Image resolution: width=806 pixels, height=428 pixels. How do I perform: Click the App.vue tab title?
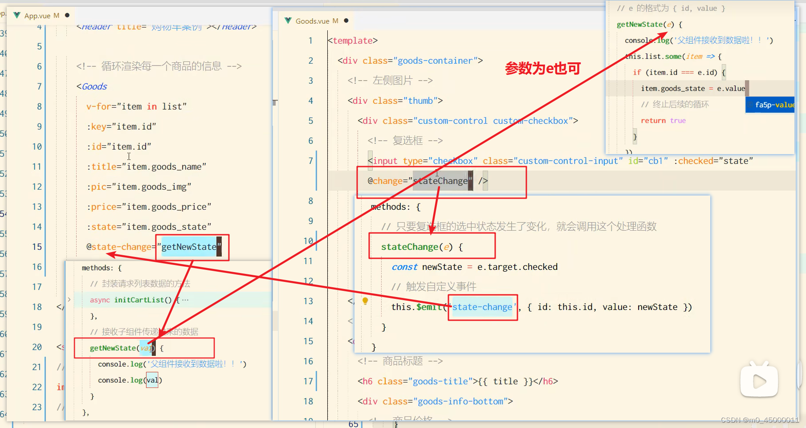[37, 16]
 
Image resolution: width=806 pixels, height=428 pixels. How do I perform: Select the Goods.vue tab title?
[312, 21]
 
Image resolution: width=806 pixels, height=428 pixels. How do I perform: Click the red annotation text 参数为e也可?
[543, 69]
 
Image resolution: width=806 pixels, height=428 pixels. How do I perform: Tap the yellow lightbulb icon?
[365, 301]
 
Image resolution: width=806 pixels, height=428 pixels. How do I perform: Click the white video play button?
[759, 381]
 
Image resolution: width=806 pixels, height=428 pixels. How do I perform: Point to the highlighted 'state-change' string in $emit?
[482, 307]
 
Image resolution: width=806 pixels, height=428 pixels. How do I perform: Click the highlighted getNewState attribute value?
[189, 247]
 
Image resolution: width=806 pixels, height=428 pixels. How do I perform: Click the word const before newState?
[404, 267]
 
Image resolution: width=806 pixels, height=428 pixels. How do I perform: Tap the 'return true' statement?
[663, 121]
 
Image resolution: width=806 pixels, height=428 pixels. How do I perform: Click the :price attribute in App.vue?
[103, 207]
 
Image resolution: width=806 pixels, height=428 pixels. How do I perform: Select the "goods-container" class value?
[435, 61]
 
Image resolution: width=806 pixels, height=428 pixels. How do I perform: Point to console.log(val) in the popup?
[130, 380]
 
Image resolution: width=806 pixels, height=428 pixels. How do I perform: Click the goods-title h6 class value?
[440, 381]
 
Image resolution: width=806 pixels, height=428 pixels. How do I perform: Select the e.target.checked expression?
[517, 267]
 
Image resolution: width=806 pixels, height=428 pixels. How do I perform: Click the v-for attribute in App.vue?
[98, 106]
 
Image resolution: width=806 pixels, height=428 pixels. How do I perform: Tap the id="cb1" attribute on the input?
[648, 161]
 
